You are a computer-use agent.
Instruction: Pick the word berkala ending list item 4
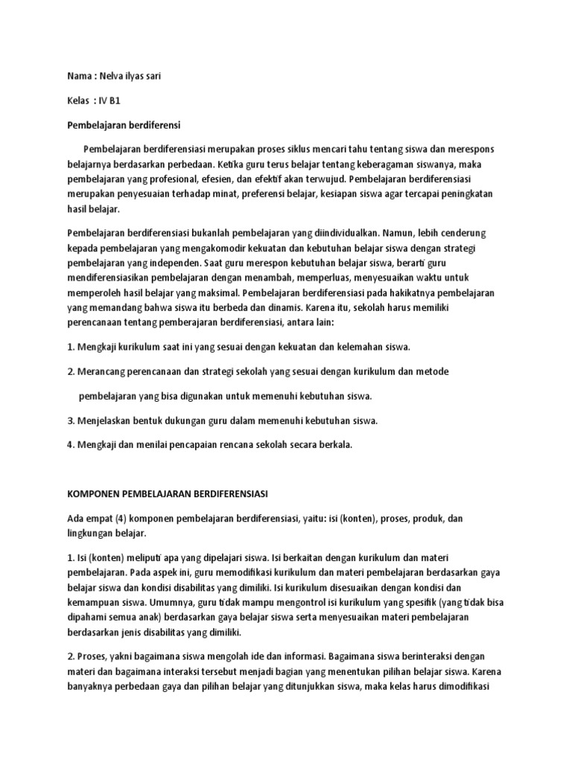[333, 445]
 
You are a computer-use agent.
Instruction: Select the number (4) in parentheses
[122, 518]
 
